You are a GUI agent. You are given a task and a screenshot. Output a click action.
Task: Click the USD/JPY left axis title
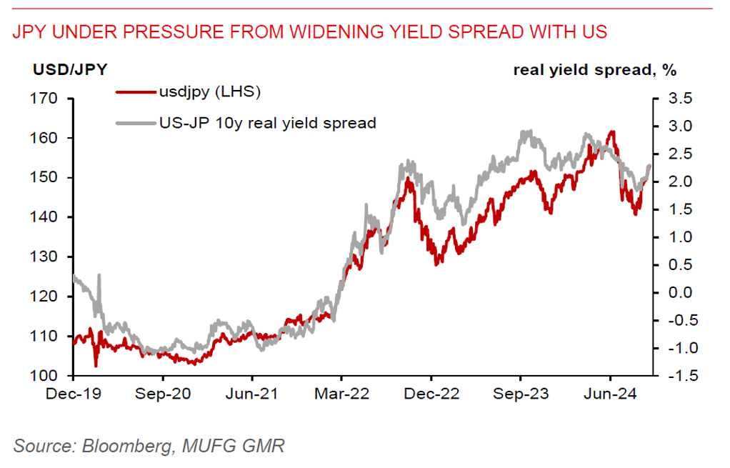(x=70, y=70)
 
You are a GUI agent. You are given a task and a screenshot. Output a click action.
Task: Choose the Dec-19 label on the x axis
(x=74, y=393)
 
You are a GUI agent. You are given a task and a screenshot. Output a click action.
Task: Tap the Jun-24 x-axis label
(x=610, y=393)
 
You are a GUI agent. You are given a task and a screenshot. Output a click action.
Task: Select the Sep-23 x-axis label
(x=521, y=393)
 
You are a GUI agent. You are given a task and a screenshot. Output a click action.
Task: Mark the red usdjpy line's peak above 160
(x=611, y=132)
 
